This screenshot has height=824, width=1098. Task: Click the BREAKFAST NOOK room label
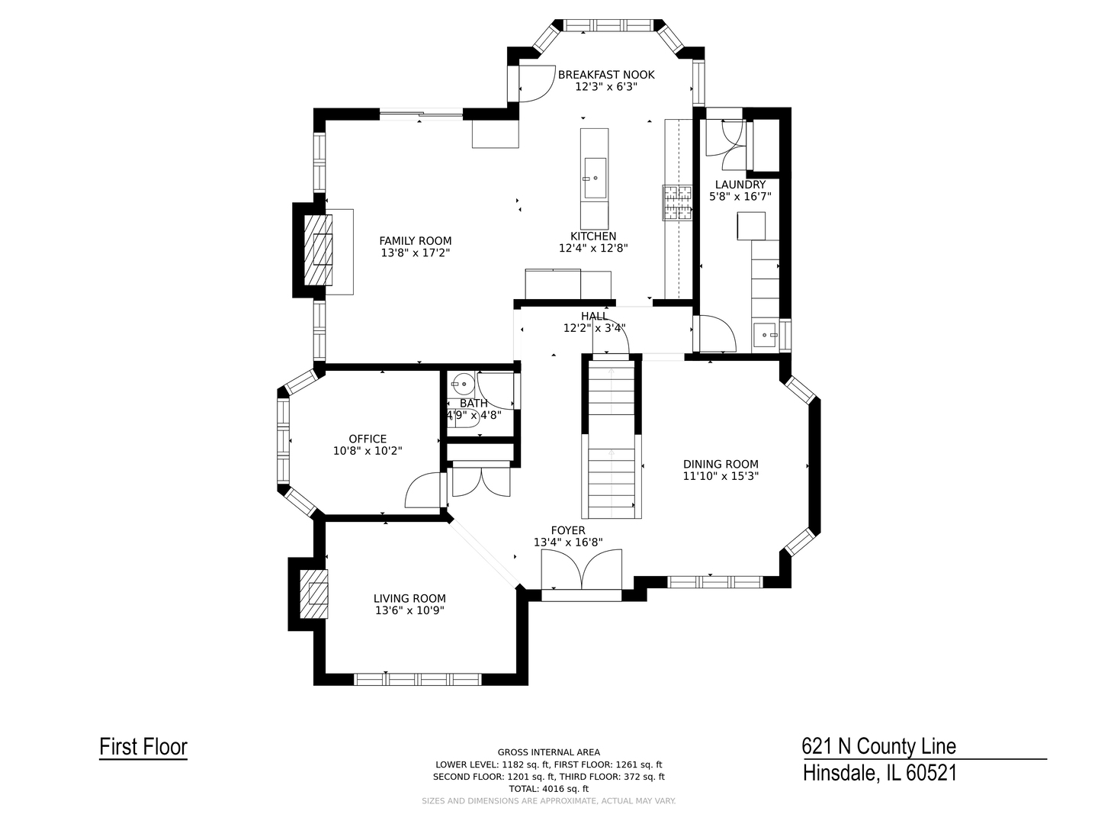(x=606, y=75)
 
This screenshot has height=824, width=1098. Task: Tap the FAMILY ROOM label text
(x=416, y=240)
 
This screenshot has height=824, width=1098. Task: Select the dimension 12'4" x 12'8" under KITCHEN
(x=593, y=248)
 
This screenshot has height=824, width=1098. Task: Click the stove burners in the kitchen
(x=677, y=203)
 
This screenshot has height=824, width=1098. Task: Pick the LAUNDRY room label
(x=740, y=185)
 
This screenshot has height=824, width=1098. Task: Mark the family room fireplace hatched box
(x=318, y=249)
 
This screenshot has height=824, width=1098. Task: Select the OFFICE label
(x=368, y=439)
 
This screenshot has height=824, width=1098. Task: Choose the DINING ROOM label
(x=721, y=464)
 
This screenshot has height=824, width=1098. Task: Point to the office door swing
(x=423, y=491)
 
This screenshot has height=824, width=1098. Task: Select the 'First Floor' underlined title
(x=143, y=747)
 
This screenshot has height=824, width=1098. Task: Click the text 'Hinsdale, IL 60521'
(x=879, y=773)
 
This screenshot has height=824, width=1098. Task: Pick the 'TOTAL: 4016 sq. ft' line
(x=548, y=789)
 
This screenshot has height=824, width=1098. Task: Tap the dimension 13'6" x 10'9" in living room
(x=409, y=610)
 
